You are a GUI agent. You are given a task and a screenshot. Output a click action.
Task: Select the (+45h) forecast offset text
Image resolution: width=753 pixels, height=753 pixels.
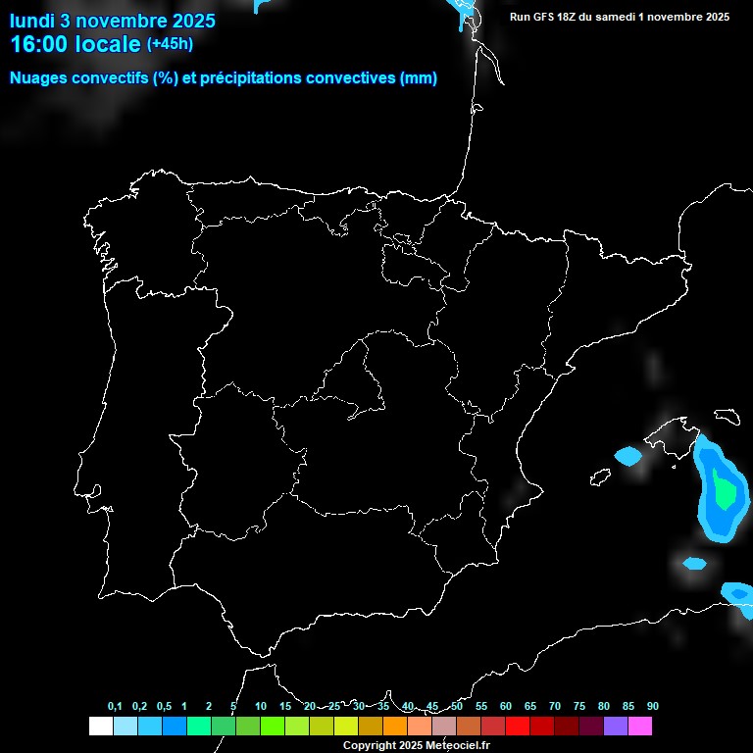tap(170, 44)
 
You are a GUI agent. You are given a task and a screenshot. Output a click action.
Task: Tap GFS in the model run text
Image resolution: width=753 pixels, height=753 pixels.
tap(544, 17)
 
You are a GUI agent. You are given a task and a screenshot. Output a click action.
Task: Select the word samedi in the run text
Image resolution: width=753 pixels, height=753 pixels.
tap(614, 17)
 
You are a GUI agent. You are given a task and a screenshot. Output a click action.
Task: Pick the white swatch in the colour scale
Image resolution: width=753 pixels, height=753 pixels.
tap(100, 727)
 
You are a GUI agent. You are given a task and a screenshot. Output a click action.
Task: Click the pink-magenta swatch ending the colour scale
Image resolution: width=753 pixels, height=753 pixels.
tap(639, 727)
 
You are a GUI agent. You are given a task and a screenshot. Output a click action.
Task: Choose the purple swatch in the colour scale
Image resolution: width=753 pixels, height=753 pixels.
tap(615, 727)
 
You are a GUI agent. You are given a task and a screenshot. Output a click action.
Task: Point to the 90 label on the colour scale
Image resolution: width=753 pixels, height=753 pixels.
tap(653, 707)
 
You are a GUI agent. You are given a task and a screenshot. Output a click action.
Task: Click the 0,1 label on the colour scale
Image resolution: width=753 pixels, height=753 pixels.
tap(115, 707)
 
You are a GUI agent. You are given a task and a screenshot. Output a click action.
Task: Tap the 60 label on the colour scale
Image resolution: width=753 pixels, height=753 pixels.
tap(506, 707)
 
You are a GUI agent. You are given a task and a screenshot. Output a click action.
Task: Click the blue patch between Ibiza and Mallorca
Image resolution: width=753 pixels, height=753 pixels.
tap(627, 456)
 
